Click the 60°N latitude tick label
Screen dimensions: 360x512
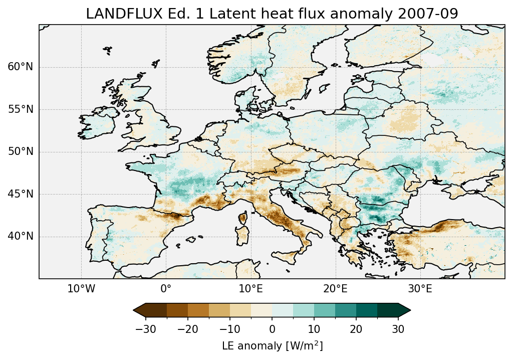pyautogui.click(x=20, y=67)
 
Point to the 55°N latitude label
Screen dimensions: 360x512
pyautogui.click(x=20, y=109)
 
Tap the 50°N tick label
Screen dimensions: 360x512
pyautogui.click(x=20, y=152)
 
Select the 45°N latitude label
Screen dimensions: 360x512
pyautogui.click(x=20, y=194)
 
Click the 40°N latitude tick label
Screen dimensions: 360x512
pyautogui.click(x=20, y=236)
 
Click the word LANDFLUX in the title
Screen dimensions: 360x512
pyautogui.click(x=115, y=14)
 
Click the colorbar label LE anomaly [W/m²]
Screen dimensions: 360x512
pyautogui.click(x=272, y=346)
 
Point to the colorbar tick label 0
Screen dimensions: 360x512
pyautogui.click(x=272, y=329)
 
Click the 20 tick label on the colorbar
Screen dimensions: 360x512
pyautogui.click(x=356, y=329)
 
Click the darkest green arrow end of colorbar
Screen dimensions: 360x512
pyautogui.click(x=404, y=310)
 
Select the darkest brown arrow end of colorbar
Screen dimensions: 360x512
pyautogui.click(x=139, y=310)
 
